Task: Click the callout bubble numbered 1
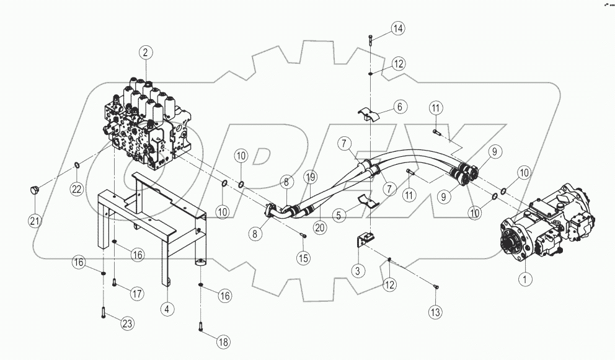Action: pos(526,279)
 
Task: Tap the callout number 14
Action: pos(397,29)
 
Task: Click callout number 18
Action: pos(223,341)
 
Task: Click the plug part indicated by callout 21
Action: pos(34,189)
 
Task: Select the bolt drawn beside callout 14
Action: pos(370,42)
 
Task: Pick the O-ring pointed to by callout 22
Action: pos(76,165)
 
